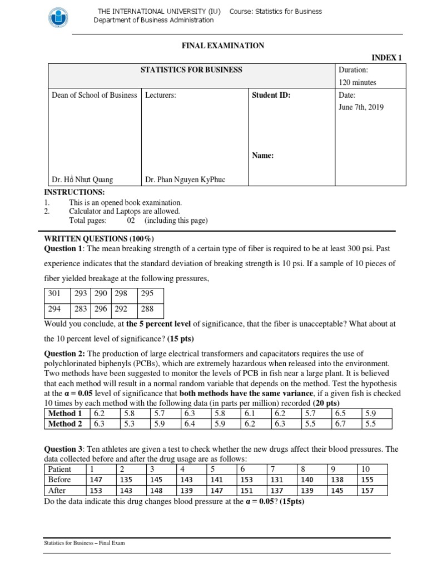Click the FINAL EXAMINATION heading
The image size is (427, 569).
(223, 46)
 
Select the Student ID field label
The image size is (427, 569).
(271, 95)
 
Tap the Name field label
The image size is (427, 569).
(263, 156)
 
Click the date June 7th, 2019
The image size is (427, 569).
(361, 107)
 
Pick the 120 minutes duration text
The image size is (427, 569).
(358, 82)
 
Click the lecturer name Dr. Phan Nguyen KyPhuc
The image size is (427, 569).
(185, 179)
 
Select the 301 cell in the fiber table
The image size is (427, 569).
(54, 293)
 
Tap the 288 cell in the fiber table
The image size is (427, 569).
(147, 308)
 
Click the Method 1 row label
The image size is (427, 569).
(65, 413)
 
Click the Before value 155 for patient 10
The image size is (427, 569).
(369, 480)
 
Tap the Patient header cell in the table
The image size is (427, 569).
(59, 469)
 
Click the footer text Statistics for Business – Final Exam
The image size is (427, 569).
(85, 543)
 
